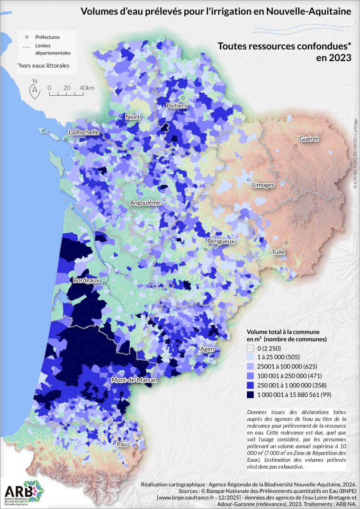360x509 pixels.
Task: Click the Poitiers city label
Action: tap(176, 106)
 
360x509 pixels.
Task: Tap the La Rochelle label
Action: tap(83, 133)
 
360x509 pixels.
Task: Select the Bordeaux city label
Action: tap(86, 280)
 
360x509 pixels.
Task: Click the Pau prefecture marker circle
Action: tap(114, 451)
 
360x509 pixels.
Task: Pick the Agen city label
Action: tap(207, 349)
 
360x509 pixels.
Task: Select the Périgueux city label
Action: tap(220, 241)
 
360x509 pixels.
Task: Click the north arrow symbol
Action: tap(35, 89)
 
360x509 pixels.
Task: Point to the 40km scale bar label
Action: tap(87, 88)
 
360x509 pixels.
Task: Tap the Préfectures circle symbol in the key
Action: tap(27, 36)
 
